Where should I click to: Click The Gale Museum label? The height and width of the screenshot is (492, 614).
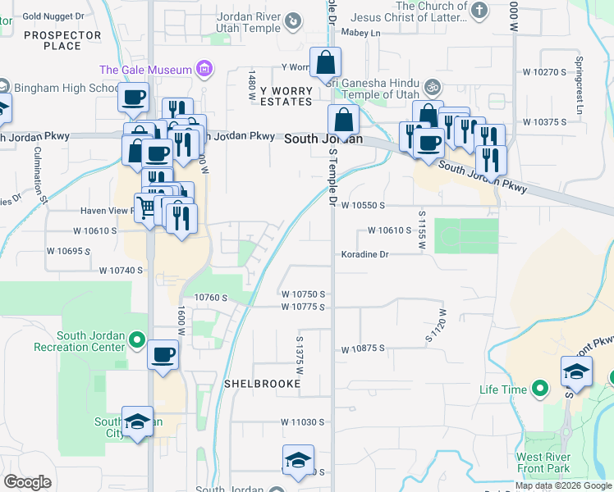tap(145, 70)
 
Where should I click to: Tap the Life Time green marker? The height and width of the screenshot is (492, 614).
tap(539, 389)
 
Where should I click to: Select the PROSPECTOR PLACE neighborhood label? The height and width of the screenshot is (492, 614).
tap(62, 40)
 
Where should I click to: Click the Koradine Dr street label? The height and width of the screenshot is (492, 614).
tap(364, 254)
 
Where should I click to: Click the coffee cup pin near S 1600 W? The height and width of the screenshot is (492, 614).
tap(163, 355)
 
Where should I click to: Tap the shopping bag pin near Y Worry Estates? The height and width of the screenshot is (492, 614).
tap(326, 62)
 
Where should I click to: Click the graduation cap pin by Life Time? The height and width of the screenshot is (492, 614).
tap(576, 372)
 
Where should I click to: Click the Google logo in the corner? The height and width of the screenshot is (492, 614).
tap(26, 482)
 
